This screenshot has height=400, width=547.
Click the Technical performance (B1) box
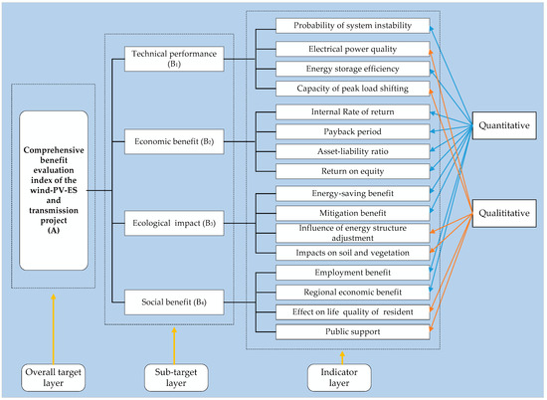174,59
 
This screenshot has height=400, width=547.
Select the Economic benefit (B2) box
174,141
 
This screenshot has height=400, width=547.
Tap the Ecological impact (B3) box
174,223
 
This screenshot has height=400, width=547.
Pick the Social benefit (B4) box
174,302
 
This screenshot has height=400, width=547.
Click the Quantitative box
504,125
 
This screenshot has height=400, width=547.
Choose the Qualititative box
504,213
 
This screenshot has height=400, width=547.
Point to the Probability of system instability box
353,26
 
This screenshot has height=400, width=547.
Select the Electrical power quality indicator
353,49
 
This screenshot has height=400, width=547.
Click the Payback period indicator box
353,132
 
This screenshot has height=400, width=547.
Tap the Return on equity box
353,171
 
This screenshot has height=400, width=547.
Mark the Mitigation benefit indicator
353,213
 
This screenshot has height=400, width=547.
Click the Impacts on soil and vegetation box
353,253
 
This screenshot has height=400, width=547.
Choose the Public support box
353,332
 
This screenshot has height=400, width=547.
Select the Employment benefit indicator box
353,273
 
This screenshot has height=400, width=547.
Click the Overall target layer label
53,378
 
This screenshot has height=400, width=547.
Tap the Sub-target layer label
176,378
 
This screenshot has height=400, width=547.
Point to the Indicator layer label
339,378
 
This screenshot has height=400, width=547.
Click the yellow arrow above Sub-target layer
174,345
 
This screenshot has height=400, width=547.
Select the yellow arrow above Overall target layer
54,329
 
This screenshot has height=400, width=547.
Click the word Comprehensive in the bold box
54,150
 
